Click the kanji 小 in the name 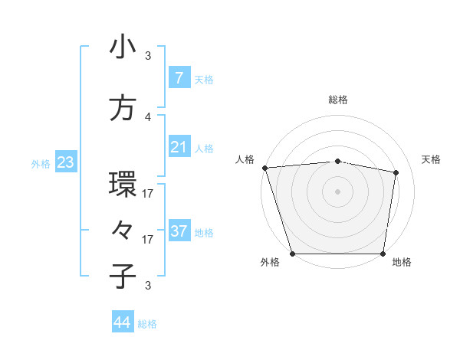123,47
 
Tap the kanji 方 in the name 123,108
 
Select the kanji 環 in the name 123,185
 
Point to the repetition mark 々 123,230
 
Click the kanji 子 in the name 123,276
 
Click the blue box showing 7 179,77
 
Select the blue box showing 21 179,146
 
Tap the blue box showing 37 179,231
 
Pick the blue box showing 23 65,162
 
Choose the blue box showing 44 123,322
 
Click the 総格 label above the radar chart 337,100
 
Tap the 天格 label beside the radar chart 431,159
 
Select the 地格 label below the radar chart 402,262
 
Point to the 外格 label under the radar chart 270,262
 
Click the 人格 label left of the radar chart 245,159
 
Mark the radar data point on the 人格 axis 264,168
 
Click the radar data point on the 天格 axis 396,172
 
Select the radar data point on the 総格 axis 337,161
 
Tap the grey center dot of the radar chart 337,191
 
